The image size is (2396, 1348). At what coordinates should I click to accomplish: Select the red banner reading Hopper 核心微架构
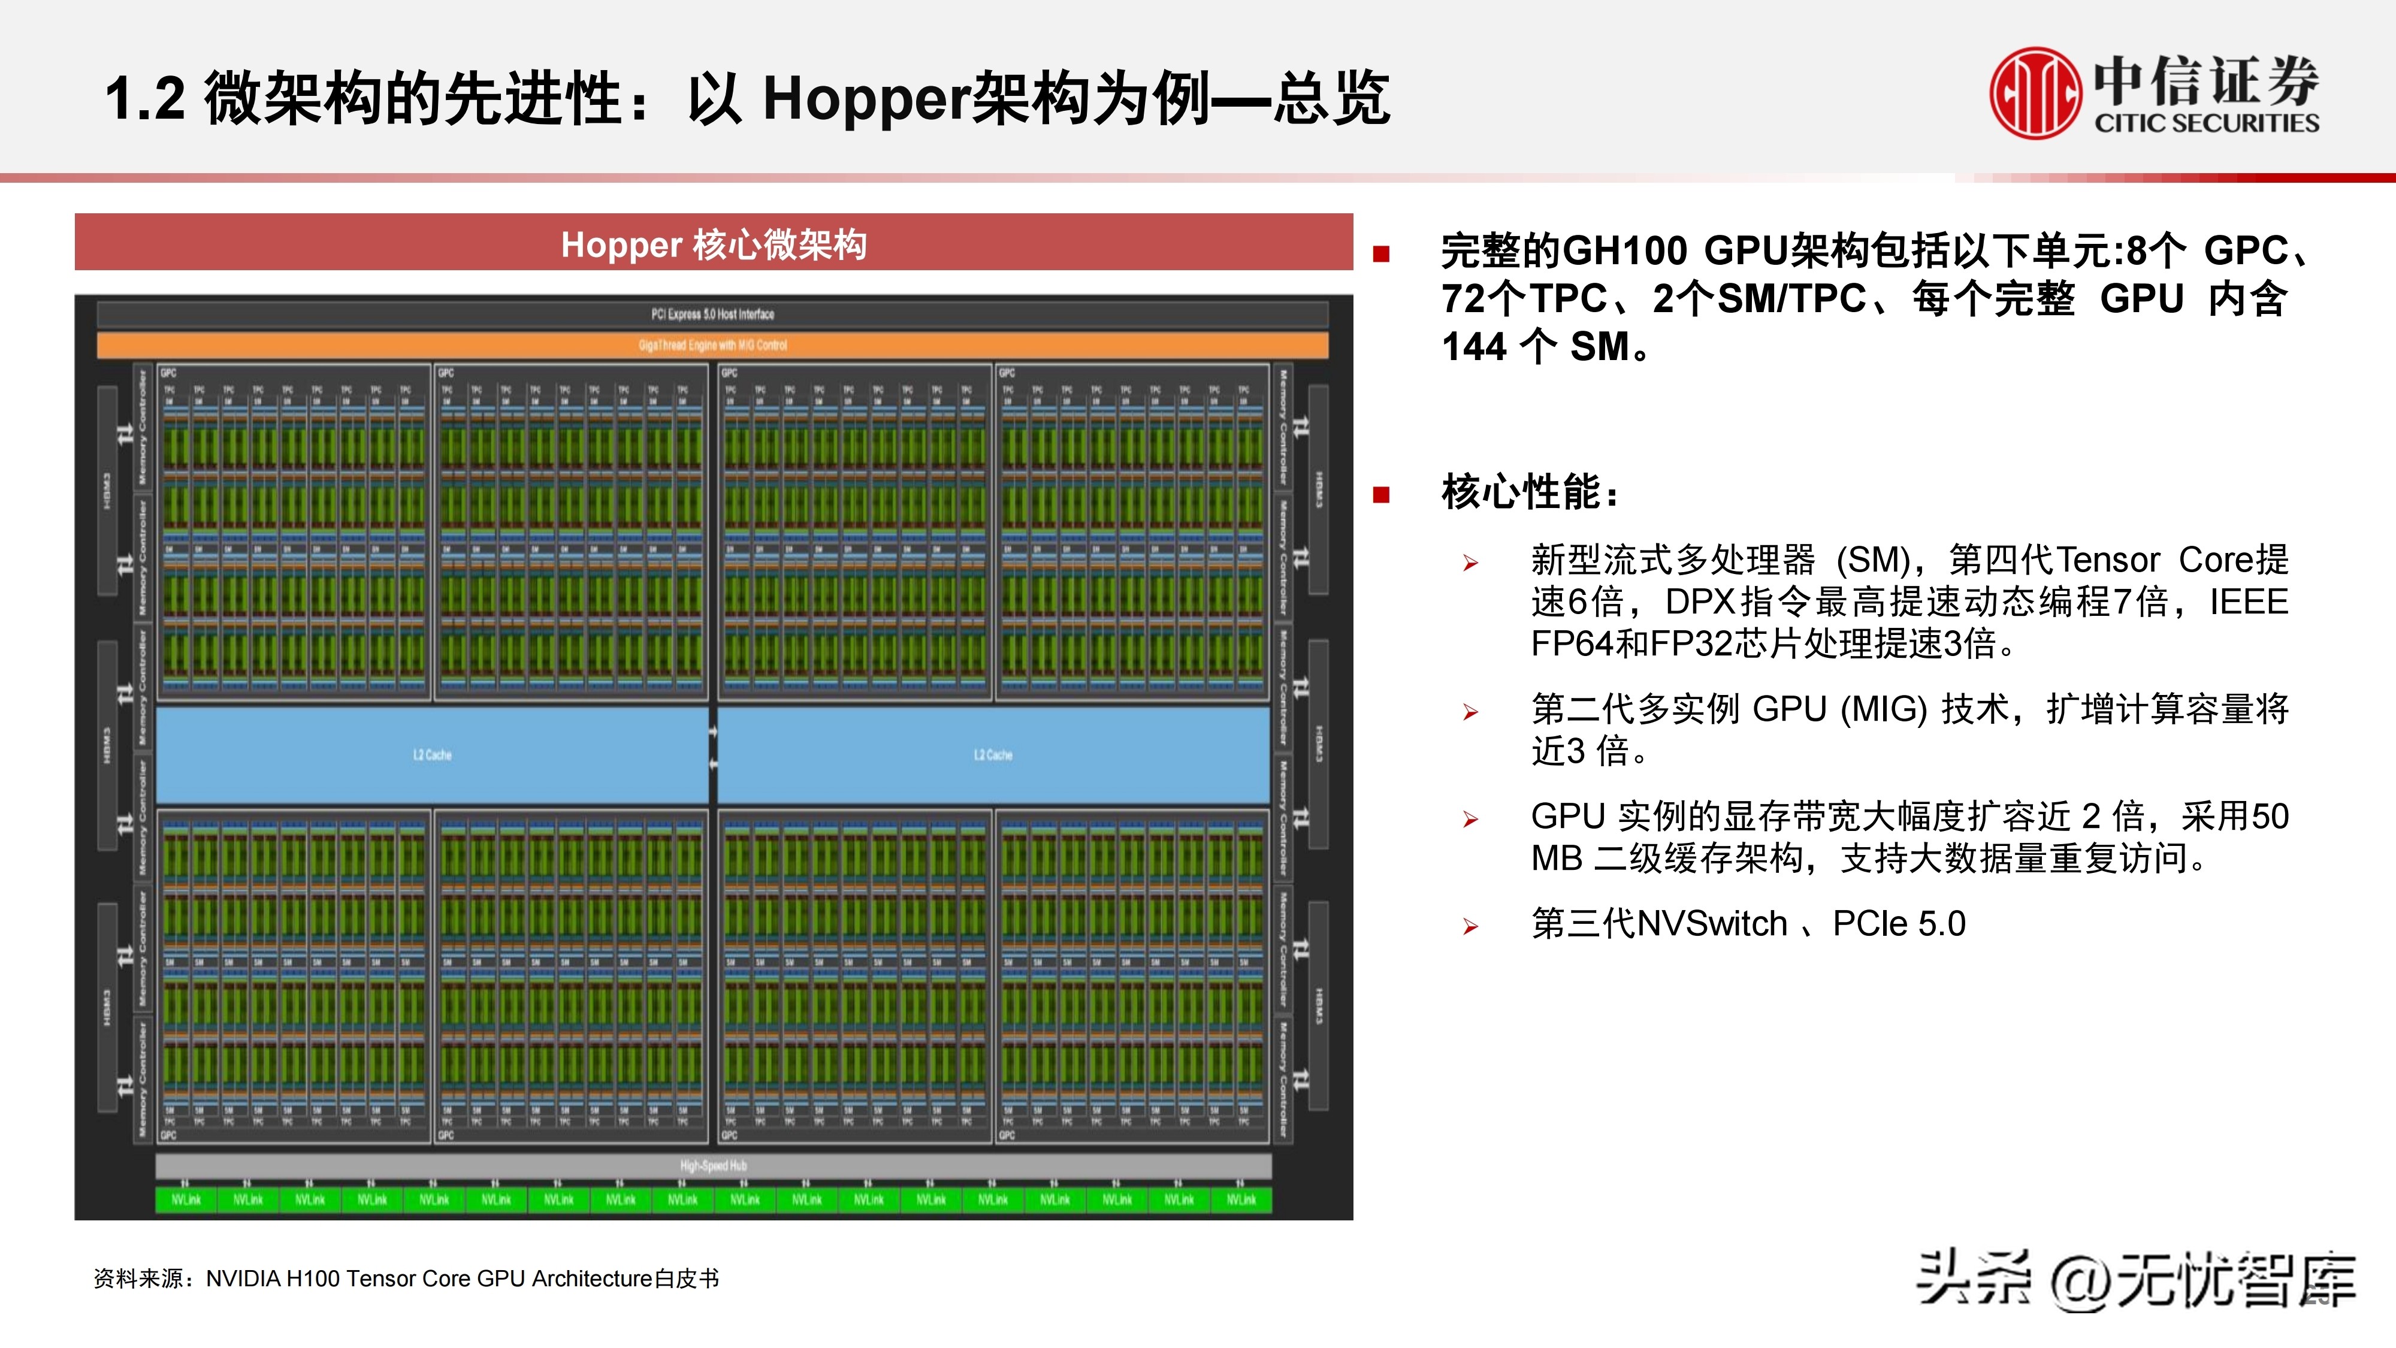(714, 244)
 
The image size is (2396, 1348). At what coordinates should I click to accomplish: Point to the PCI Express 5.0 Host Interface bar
(712, 315)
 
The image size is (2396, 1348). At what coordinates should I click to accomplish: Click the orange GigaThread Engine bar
(712, 345)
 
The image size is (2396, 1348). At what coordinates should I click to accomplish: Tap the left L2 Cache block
(433, 754)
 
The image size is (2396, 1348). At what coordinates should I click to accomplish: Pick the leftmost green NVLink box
(186, 1200)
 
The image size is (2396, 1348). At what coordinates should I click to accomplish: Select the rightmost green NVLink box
(1241, 1200)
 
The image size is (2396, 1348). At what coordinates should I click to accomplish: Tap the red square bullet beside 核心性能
(1381, 495)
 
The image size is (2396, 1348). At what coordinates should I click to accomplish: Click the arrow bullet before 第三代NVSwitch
(1470, 927)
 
